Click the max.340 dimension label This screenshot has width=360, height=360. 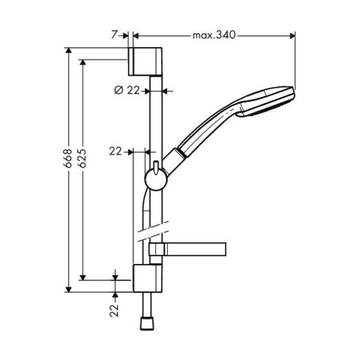coord(214,35)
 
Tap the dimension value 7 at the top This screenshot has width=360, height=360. coord(114,35)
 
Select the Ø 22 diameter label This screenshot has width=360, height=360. coord(127,90)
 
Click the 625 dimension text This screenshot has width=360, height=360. coord(83,158)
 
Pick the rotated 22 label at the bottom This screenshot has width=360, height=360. coord(114,310)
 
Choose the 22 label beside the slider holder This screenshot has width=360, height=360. coord(115,151)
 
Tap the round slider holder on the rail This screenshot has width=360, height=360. coord(157,180)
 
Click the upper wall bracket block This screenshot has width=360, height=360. coord(145,62)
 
